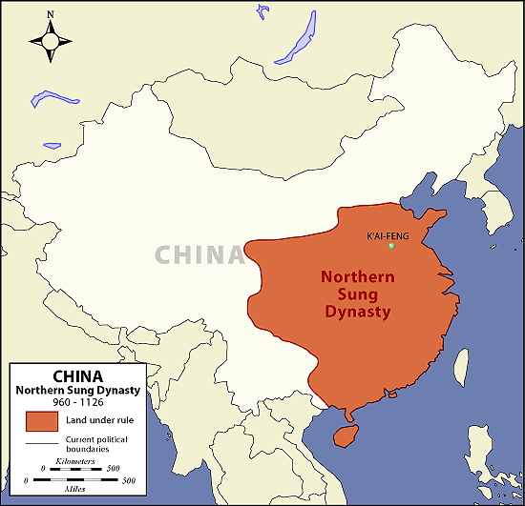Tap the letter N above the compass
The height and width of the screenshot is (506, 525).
(x=51, y=14)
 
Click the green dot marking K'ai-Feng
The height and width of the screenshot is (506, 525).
(x=391, y=247)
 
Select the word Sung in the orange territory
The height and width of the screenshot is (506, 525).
(x=356, y=294)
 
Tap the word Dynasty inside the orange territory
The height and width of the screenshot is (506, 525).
(x=357, y=312)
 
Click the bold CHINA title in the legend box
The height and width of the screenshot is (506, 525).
(x=78, y=375)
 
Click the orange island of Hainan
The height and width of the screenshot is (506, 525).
(x=341, y=434)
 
